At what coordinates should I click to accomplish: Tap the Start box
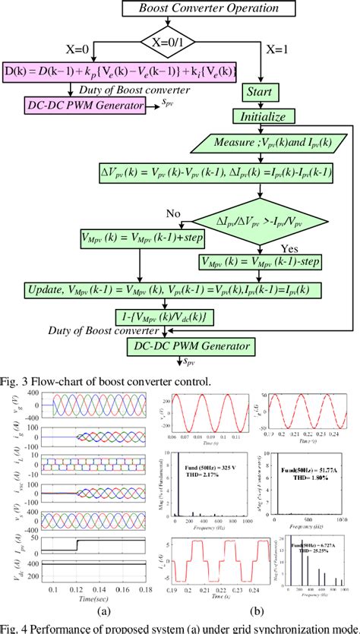(x=261, y=91)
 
